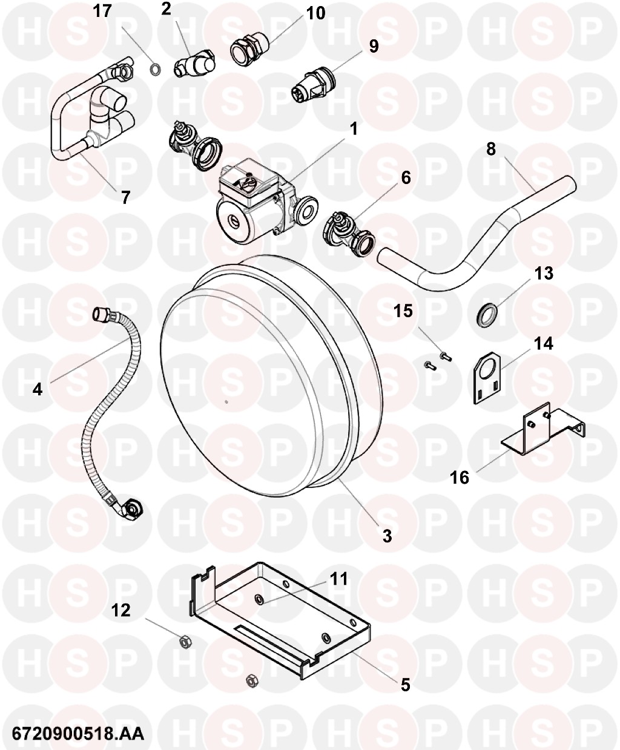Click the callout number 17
(x=102, y=11)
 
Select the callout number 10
(x=315, y=13)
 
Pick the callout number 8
(x=490, y=149)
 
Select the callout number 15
(x=403, y=311)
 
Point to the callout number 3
(x=387, y=536)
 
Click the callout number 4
(x=38, y=389)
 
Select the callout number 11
(x=338, y=579)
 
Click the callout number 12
(x=120, y=610)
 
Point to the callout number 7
(x=125, y=197)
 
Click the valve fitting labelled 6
(x=350, y=234)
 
